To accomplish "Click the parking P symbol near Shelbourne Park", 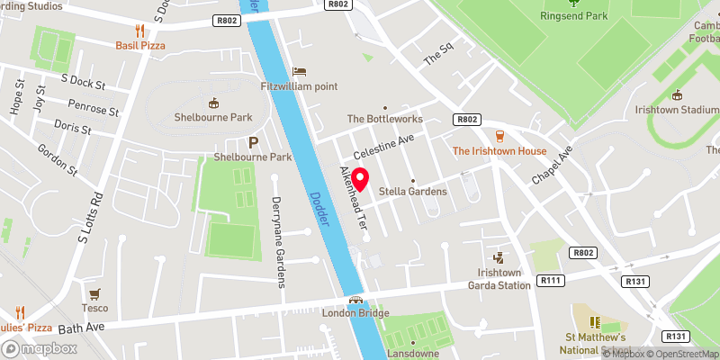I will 253,142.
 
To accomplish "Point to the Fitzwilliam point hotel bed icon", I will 300,71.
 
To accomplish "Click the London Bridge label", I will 355,312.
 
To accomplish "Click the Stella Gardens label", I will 412,191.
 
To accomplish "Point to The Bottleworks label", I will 384,119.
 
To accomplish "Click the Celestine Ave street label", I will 382,144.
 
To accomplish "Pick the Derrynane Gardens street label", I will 278,243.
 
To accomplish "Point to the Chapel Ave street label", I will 551,166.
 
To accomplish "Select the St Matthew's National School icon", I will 593,321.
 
